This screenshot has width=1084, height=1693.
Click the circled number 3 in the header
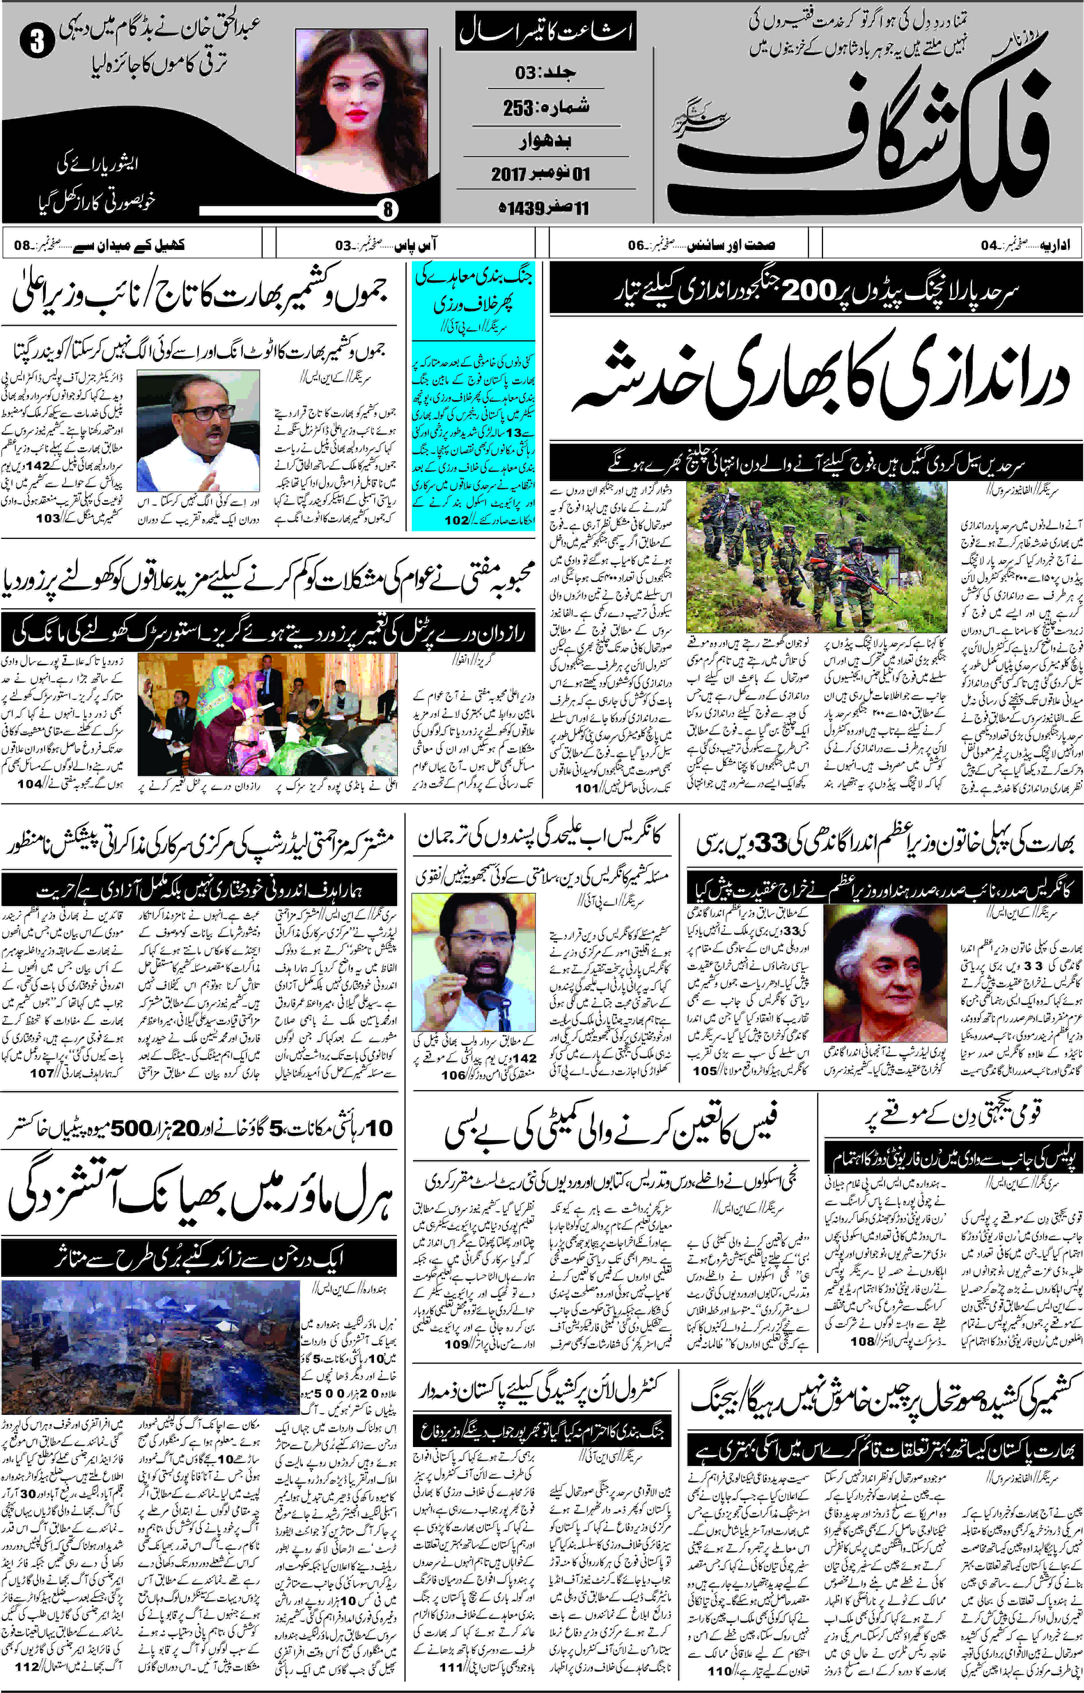[37, 42]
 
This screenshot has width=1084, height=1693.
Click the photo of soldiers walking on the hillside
[816, 556]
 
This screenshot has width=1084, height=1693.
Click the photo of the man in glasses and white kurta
[198, 431]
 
